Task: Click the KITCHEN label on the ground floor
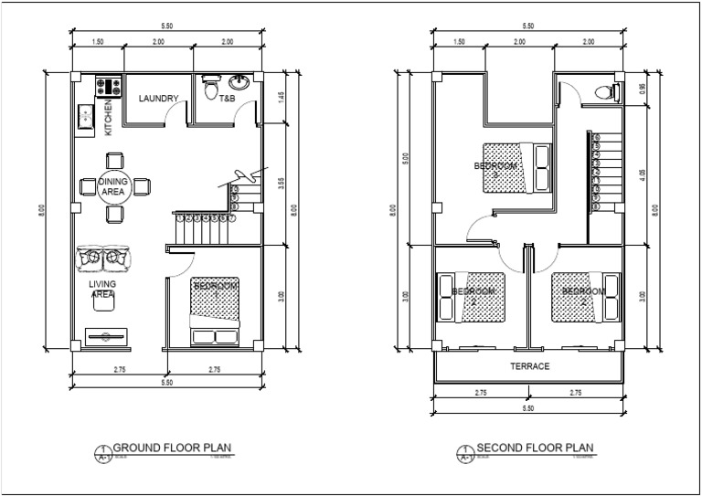tap(107, 117)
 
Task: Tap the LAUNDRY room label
tap(157, 98)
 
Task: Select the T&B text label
tap(227, 98)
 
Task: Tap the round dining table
tap(113, 186)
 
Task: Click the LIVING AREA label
tap(101, 290)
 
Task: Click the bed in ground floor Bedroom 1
tap(215, 311)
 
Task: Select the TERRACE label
tap(529, 365)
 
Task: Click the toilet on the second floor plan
tap(605, 91)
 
